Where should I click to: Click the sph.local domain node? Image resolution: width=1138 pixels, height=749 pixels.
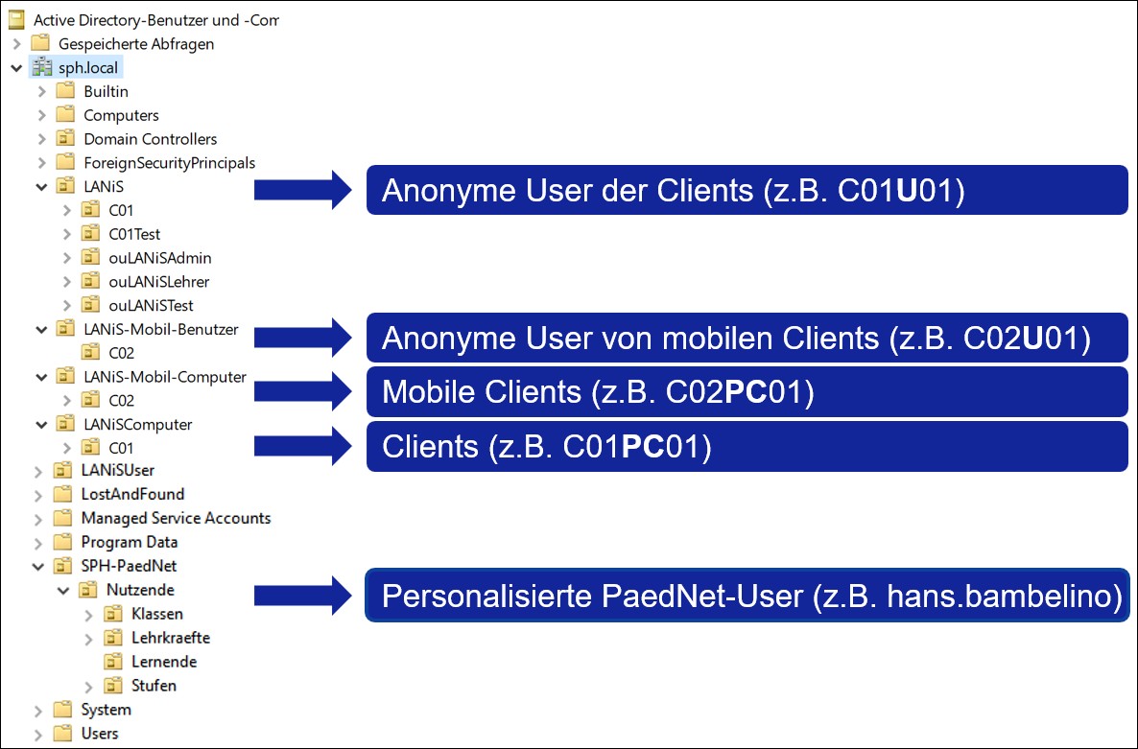click(88, 68)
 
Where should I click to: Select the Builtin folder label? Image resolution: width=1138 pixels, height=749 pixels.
click(106, 92)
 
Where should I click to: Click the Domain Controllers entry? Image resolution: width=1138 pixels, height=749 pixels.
click(150, 139)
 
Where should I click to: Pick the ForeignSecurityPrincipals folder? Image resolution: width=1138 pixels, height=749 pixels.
click(169, 163)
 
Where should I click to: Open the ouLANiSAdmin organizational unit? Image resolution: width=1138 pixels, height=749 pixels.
click(159, 258)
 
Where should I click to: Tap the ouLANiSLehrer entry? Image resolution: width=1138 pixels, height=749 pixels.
click(158, 282)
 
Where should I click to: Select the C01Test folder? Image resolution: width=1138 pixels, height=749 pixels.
click(134, 234)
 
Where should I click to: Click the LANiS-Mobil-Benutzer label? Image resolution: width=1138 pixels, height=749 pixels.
click(160, 330)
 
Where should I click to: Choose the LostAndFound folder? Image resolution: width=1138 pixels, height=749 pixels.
click(132, 495)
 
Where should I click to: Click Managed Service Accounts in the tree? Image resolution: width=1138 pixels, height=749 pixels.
click(176, 519)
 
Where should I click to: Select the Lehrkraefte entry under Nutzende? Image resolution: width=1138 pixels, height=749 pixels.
click(170, 638)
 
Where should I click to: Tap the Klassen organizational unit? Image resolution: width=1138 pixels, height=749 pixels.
click(156, 614)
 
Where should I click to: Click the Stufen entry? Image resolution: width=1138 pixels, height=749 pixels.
click(154, 686)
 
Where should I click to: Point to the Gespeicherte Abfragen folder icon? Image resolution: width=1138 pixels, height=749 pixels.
click(39, 44)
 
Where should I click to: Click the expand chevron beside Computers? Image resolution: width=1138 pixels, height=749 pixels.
click(41, 116)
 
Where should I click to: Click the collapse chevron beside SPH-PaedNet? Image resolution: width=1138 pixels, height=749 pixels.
click(41, 567)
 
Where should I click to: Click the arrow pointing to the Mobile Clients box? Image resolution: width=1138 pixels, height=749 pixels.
click(305, 389)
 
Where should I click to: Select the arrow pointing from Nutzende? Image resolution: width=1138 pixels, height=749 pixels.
click(305, 595)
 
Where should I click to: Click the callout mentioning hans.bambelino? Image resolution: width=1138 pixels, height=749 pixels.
click(747, 597)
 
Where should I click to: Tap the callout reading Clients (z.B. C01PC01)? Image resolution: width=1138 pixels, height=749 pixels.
click(747, 447)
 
